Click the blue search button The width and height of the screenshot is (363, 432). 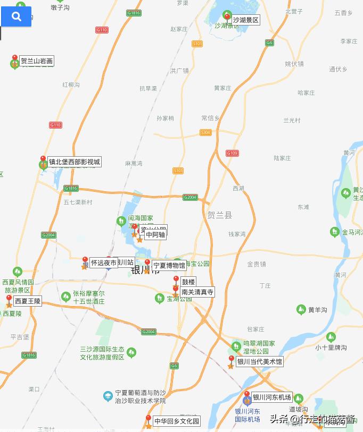pyautogui.click(x=16, y=16)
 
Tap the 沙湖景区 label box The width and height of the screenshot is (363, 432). pyautogui.click(x=245, y=20)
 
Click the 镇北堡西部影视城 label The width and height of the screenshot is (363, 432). pyautogui.click(x=75, y=162)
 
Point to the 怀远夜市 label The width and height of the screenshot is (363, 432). pyautogui.click(x=103, y=262)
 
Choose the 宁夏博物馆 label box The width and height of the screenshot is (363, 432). pyautogui.click(x=169, y=266)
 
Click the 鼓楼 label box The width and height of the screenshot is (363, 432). pyautogui.click(x=188, y=282)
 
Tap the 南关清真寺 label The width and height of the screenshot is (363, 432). pyautogui.click(x=197, y=292)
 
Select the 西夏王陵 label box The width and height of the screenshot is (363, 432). pyautogui.click(x=27, y=301)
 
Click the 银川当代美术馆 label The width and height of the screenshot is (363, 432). pyautogui.click(x=259, y=362)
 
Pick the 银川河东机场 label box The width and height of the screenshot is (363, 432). pyautogui.click(x=271, y=397)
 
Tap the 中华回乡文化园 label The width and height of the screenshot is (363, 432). pyautogui.click(x=177, y=421)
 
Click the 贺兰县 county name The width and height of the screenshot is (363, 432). pyautogui.click(x=220, y=215)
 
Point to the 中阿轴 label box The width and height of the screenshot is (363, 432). pyautogui.click(x=155, y=234)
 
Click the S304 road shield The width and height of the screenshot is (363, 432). pyautogui.click(x=205, y=132)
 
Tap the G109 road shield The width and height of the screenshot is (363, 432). pyautogui.click(x=232, y=153)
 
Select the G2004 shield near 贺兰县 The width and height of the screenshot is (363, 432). pyautogui.click(x=190, y=198)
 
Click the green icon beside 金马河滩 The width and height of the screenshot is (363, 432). pyautogui.click(x=334, y=232)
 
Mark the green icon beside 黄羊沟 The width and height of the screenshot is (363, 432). pyautogui.click(x=301, y=309)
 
